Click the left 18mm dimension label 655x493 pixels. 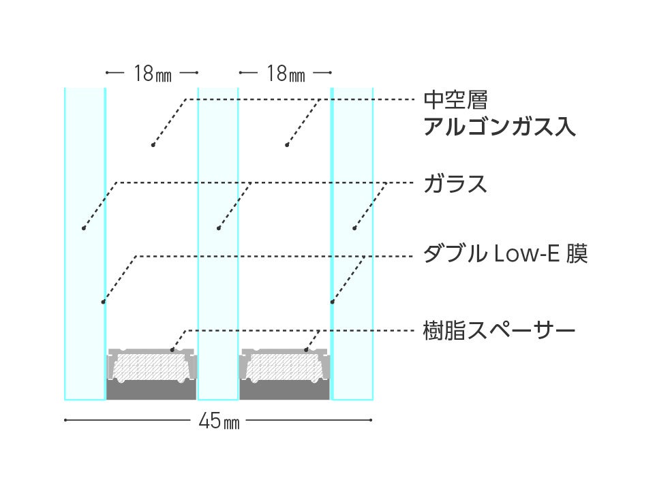click(152, 74)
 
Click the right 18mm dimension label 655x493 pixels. click(286, 74)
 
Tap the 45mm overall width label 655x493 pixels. click(219, 422)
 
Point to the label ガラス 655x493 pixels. click(455, 184)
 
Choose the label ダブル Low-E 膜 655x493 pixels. click(505, 256)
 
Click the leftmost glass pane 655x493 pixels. click(85, 170)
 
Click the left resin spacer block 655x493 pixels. click(152, 368)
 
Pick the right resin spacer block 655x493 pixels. click(285, 368)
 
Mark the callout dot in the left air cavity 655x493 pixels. click(153, 145)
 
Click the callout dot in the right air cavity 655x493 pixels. click(287, 145)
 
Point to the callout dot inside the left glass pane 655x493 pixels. click(83, 227)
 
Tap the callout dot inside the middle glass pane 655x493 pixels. click(218, 227)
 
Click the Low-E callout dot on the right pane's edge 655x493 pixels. click(332, 300)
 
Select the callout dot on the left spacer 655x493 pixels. click(172, 350)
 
